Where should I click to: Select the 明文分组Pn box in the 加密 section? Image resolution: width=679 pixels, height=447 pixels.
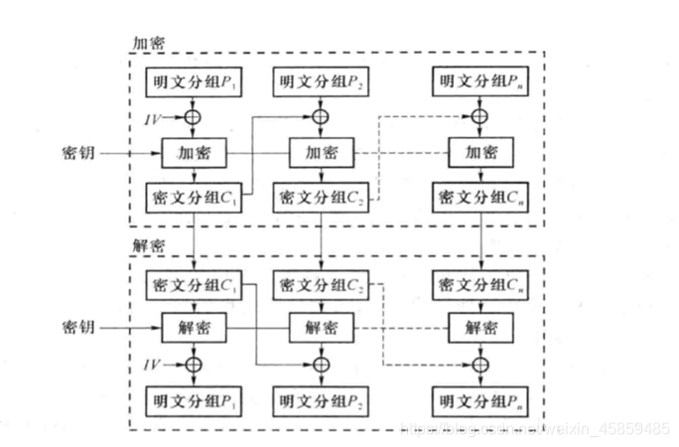481,79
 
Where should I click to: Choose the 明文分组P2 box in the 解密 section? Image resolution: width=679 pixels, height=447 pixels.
321,402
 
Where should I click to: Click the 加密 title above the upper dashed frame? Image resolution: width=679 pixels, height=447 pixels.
149,44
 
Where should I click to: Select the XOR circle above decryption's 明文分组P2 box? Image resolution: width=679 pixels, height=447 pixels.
321,364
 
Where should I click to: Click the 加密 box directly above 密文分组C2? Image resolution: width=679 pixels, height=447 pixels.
321,155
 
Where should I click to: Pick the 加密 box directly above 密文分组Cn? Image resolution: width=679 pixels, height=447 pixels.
481,155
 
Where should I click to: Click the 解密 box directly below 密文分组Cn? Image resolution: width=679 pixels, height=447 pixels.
481,326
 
